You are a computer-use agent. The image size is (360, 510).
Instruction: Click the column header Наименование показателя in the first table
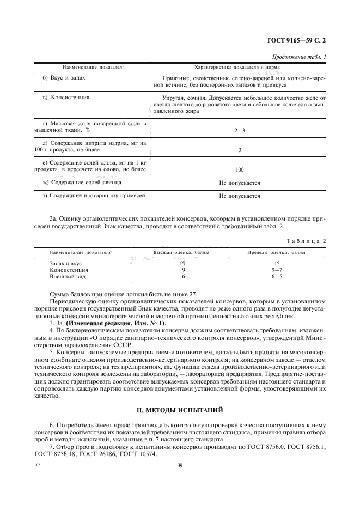pos(94,67)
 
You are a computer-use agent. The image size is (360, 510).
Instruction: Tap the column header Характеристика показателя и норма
pos(237,67)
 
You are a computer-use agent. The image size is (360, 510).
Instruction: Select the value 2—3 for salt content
pos(240,131)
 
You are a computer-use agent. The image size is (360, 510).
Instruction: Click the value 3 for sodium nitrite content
pos(240,149)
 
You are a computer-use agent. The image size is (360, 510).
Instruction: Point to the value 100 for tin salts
pos(240,169)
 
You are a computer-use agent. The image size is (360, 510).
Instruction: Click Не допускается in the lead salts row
pos(240,183)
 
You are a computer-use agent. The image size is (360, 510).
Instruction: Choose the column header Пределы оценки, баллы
pos(277,253)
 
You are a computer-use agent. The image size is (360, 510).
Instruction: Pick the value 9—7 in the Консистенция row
pos(277,270)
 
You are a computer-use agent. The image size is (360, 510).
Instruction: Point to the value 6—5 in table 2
pos(277,276)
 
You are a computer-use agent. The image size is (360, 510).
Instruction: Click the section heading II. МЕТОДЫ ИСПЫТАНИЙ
pos(179,408)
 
